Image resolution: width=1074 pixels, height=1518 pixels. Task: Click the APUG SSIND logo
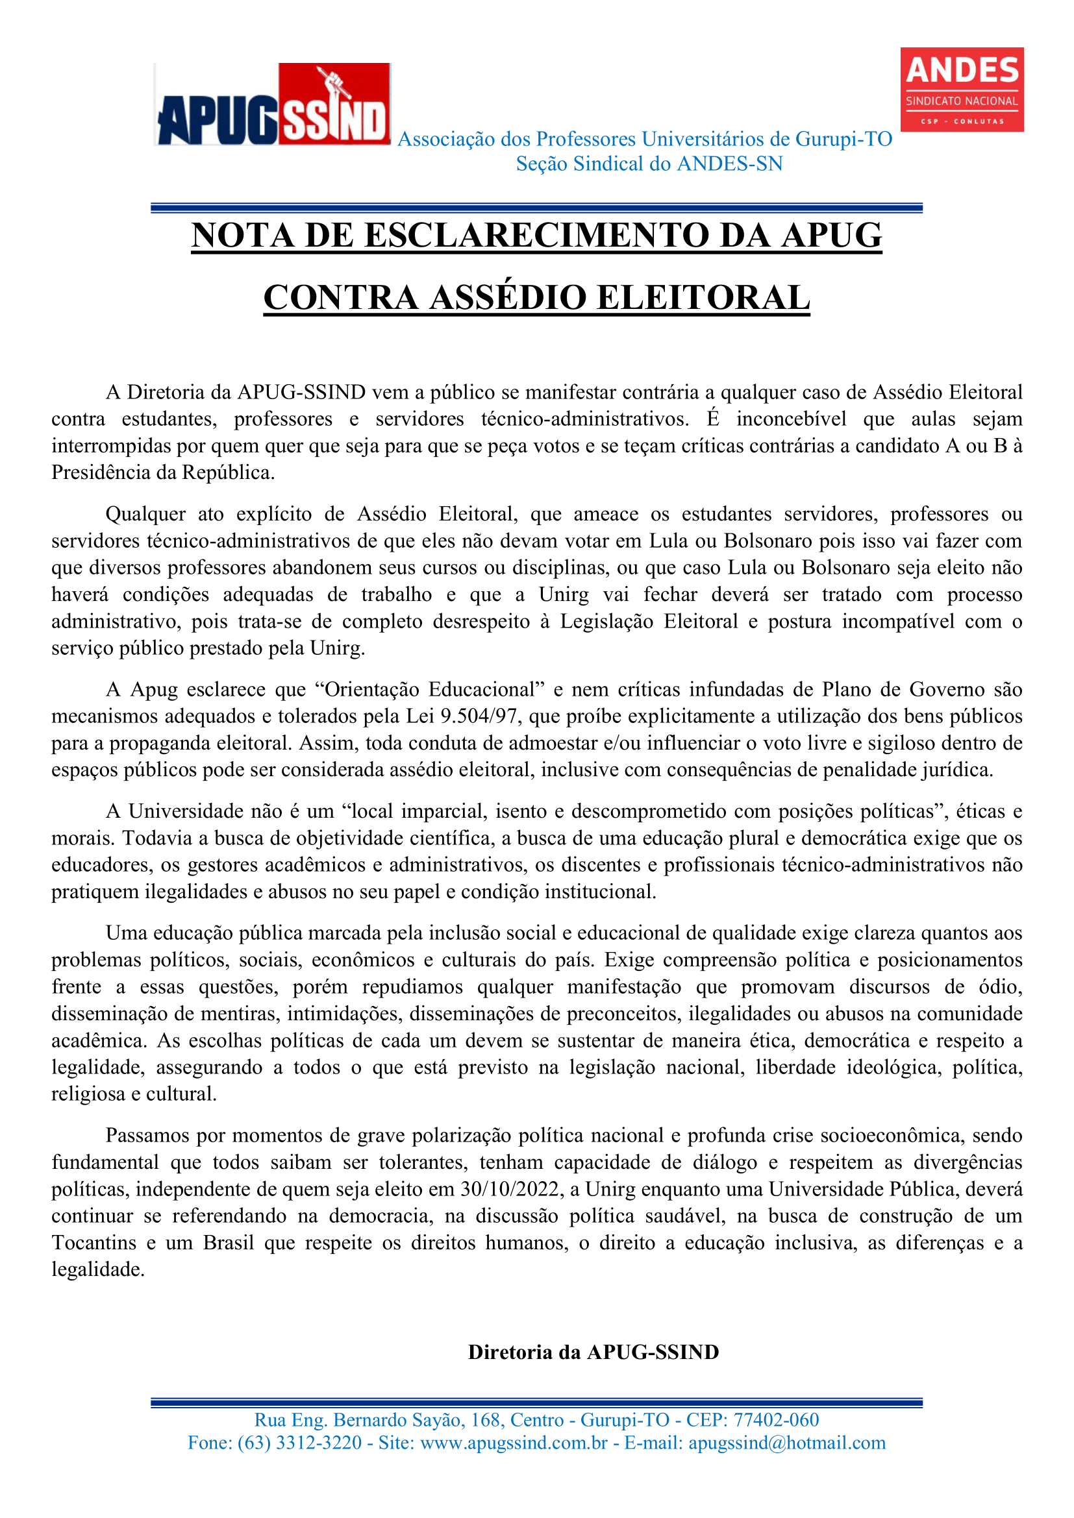(272, 104)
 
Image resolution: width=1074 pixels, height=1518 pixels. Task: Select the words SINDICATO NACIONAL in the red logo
(962, 101)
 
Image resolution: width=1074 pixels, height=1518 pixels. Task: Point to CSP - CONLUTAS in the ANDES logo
(962, 121)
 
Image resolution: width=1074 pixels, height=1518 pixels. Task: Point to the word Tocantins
(94, 1242)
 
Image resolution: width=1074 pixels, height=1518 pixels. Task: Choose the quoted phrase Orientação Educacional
(429, 689)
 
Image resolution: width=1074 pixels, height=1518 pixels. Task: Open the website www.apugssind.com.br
(514, 1442)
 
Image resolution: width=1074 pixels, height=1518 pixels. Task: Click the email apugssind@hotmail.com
(787, 1442)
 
